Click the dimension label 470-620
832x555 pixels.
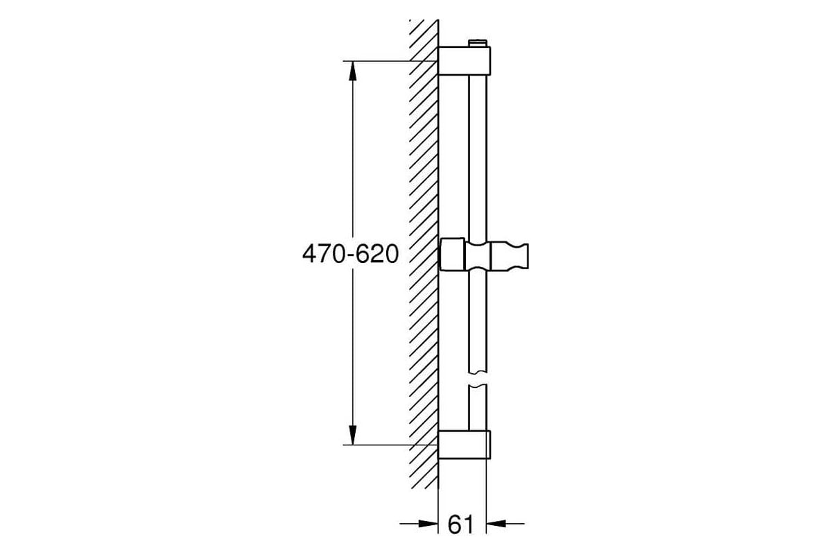pyautogui.click(x=350, y=255)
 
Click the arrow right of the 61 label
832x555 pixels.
pyautogui.click(x=503, y=523)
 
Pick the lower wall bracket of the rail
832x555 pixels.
pyautogui.click(x=465, y=444)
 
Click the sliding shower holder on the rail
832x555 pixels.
pyautogui.click(x=485, y=255)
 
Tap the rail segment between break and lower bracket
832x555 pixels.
pyautogui.click(x=478, y=409)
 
